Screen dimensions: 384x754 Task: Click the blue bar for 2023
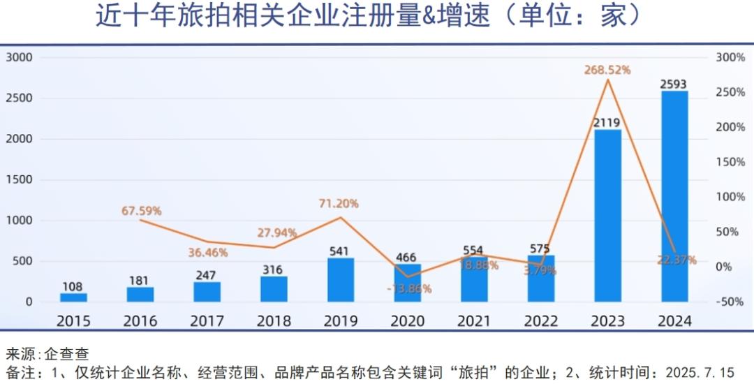(x=607, y=216)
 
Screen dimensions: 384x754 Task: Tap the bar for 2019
(x=341, y=280)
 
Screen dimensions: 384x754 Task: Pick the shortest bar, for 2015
(x=73, y=297)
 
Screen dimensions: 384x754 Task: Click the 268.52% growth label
(x=607, y=70)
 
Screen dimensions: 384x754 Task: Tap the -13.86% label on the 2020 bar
(x=408, y=288)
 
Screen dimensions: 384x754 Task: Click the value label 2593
(x=674, y=84)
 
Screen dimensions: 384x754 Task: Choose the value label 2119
(x=607, y=123)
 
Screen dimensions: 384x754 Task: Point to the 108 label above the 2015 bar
(x=72, y=286)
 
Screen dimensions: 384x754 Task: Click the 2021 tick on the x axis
(x=474, y=321)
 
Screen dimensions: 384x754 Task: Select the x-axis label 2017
(x=207, y=321)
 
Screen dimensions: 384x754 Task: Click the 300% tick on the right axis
(x=730, y=57)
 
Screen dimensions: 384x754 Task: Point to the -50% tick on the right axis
(x=730, y=302)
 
